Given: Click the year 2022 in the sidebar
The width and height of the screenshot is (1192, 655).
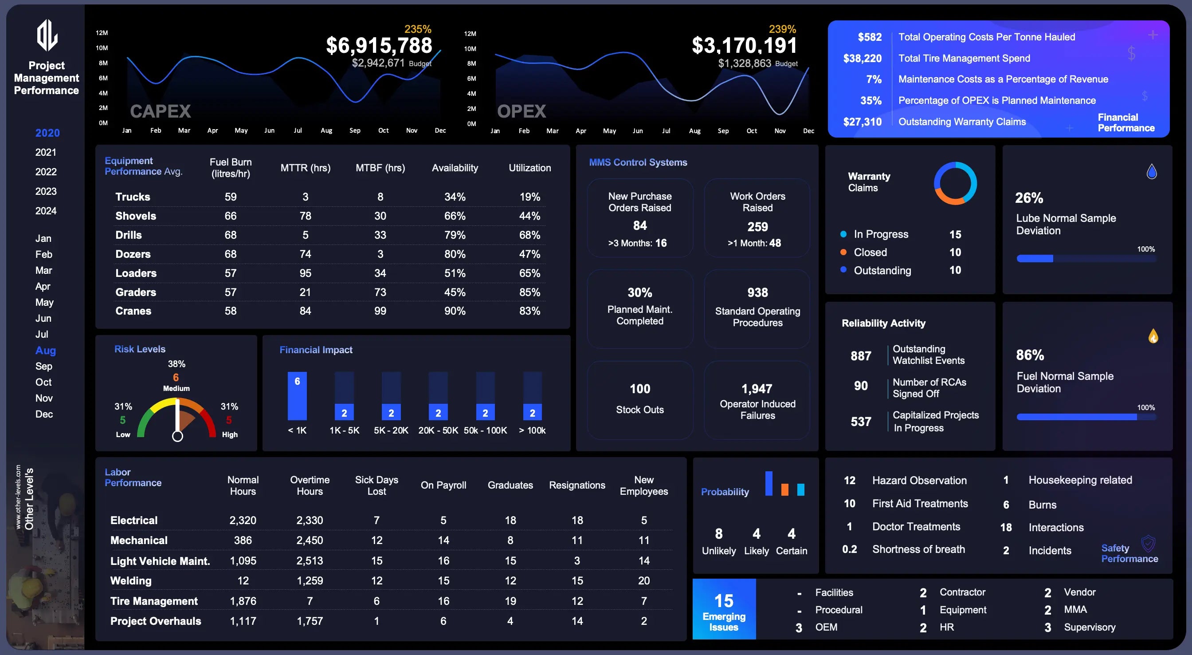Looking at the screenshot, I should point(46,172).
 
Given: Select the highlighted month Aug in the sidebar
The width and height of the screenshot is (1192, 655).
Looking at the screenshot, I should point(45,350).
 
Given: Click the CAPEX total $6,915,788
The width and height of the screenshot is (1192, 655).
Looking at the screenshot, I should point(379,45).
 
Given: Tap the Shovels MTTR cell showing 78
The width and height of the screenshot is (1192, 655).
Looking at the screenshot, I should point(305,216).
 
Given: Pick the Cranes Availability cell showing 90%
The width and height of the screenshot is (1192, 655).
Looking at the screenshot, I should point(455,311).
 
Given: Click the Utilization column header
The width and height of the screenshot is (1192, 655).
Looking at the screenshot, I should point(529,168).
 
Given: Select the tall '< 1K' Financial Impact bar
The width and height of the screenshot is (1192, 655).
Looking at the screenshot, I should point(297,396).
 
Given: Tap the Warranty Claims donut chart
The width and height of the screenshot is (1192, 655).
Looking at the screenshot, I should point(955,183).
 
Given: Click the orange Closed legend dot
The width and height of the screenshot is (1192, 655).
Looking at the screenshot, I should point(843,253).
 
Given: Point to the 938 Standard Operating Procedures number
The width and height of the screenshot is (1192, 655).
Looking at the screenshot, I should point(757,293).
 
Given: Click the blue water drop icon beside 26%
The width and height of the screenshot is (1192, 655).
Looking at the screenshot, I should point(1151,172).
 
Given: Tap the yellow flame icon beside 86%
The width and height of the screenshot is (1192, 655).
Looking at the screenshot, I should point(1153,336).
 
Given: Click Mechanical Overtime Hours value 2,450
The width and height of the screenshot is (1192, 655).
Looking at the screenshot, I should point(310,541).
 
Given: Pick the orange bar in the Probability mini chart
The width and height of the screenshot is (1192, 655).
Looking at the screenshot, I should point(784,489).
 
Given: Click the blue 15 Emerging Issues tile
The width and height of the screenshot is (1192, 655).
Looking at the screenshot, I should point(724,609).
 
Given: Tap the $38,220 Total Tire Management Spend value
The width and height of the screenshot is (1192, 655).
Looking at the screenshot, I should point(862,59).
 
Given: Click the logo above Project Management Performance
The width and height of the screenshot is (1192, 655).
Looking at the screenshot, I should point(47,35).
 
